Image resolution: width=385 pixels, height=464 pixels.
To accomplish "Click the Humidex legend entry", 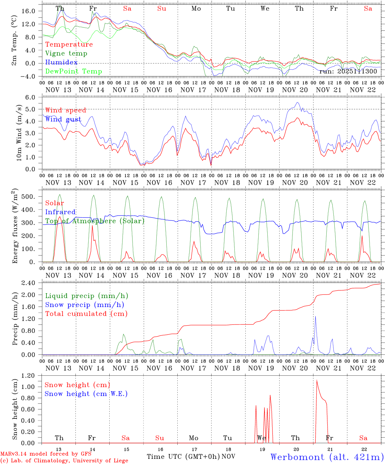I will (x=61, y=63).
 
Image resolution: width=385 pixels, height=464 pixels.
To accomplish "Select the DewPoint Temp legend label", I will (x=74, y=72).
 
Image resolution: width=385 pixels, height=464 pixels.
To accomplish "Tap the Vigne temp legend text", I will (x=66, y=53).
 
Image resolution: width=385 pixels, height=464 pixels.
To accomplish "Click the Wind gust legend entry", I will (x=63, y=119).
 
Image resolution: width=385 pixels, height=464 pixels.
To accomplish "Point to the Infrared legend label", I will (x=60, y=212).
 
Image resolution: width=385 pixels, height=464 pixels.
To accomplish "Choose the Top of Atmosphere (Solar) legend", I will (x=94, y=221).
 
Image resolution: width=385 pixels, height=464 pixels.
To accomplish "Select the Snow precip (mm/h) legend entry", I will (x=84, y=305).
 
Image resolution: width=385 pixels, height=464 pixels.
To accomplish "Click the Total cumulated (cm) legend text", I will (x=86, y=314).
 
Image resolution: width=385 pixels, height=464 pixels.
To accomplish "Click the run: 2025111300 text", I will (x=348, y=72).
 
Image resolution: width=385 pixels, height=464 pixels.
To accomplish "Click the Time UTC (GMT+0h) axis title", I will (x=183, y=457).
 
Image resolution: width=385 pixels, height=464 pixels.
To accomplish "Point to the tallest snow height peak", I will (x=317, y=380).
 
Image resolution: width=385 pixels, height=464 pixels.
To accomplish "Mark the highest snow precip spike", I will (x=315, y=317).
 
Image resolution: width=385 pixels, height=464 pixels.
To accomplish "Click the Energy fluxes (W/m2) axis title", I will (x=15, y=227).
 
